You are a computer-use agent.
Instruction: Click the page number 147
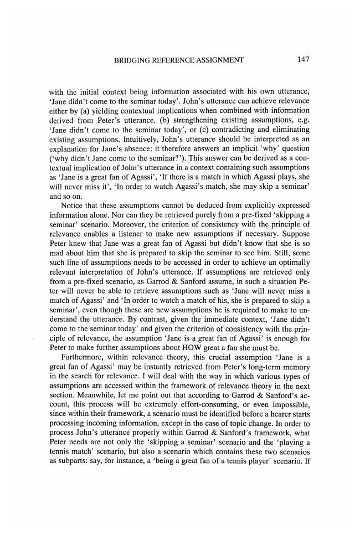302,60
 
